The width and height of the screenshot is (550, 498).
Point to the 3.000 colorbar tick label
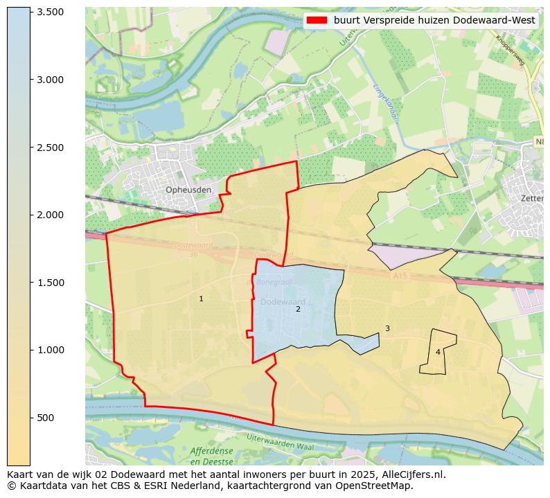[x=50, y=80]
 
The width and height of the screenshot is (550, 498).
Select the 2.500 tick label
[x=50, y=148]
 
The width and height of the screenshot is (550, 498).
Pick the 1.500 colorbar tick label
[x=50, y=283]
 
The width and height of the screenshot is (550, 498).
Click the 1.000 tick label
[x=50, y=350]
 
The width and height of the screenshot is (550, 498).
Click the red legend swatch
[x=316, y=21]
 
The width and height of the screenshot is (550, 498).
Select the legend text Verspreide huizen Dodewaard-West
[x=434, y=21]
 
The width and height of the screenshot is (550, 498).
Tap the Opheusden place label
[x=188, y=190]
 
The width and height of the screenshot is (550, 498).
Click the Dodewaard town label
[x=283, y=302]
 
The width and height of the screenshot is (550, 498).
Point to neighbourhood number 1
[x=202, y=299]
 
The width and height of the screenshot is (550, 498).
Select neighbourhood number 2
[x=299, y=309]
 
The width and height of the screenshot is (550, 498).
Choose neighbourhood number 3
[x=387, y=328]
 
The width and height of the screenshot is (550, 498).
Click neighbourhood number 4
[x=438, y=352]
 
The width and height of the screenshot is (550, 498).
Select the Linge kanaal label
[x=385, y=102]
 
